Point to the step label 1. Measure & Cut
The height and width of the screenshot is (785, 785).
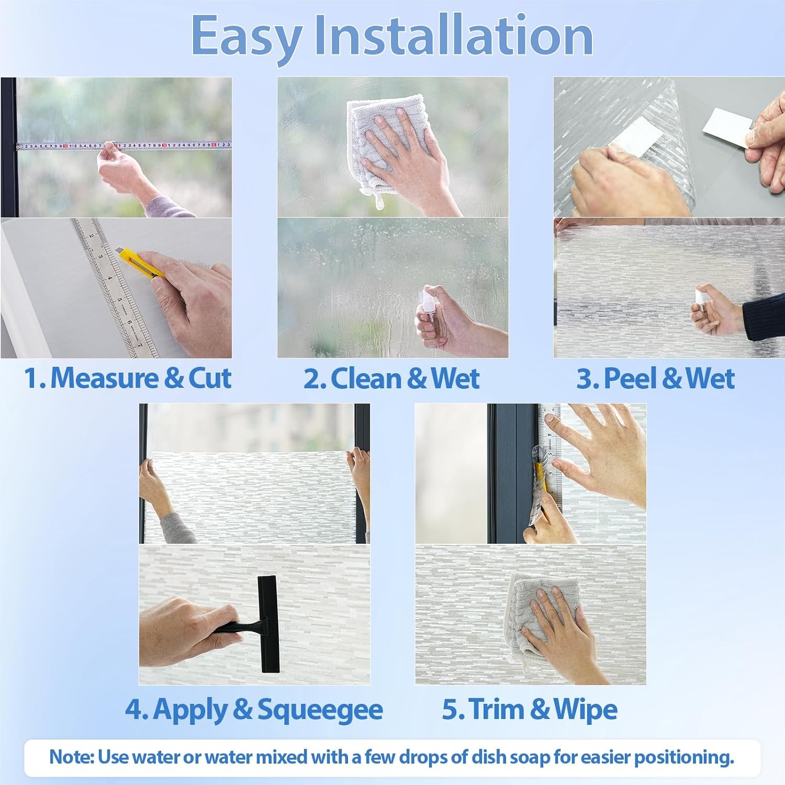coord(128,378)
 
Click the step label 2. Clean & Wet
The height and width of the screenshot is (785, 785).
coord(391,378)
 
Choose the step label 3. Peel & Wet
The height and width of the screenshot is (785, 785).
coord(655,378)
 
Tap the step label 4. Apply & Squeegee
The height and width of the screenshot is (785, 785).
coord(254,710)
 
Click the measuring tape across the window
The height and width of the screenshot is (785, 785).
coord(124,145)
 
